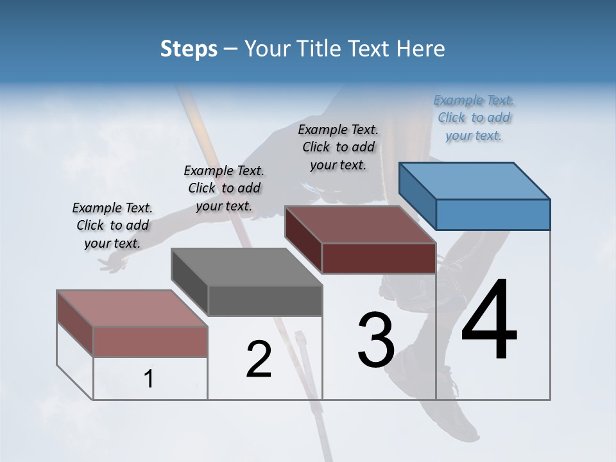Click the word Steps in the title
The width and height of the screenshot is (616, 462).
(189, 49)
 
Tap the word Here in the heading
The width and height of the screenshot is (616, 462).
(421, 49)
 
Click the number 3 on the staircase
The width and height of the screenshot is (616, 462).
(376, 340)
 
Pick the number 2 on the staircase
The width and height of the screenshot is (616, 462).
(259, 359)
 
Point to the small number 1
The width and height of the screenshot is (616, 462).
(149, 379)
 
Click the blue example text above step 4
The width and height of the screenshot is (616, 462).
(474, 117)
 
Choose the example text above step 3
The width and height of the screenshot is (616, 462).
(338, 147)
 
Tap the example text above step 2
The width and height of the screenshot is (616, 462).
(224, 188)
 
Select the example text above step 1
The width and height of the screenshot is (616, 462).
(112, 225)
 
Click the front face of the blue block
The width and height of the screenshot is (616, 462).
(493, 214)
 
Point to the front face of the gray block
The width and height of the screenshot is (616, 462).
(265, 300)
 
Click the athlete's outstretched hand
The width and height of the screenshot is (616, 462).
(114, 262)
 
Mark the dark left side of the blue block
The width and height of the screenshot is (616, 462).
(417, 195)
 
